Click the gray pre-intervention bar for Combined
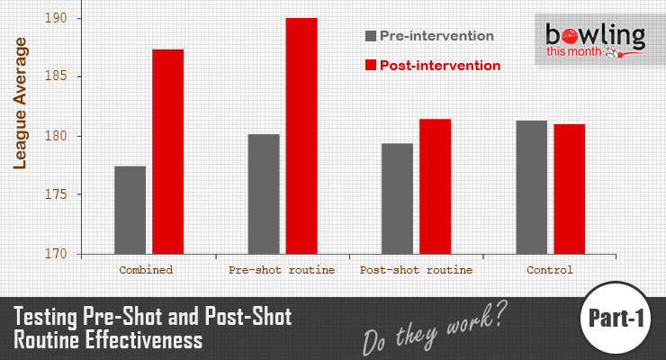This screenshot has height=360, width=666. pos(130,210)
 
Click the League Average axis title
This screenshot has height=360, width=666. pos(20,103)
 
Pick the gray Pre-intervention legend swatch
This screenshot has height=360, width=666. pos(370,37)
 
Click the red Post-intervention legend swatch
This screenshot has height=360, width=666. pos(370,66)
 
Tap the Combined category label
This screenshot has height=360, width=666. pos(146,269)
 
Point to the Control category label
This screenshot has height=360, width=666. pos(550,269)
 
